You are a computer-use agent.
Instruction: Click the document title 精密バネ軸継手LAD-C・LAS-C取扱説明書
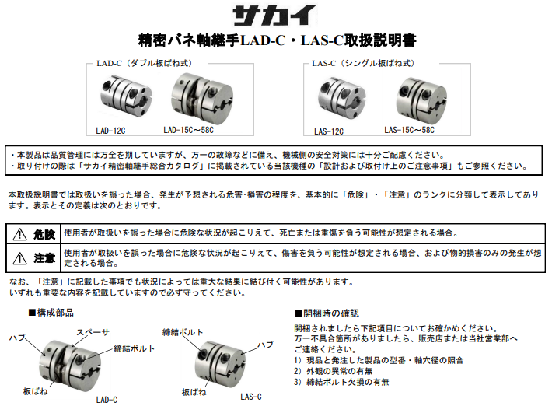275,40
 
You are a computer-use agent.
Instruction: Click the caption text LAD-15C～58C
194,131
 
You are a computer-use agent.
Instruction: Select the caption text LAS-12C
329,132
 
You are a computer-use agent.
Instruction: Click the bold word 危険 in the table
44,234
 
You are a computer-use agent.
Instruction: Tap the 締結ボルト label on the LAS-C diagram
183,332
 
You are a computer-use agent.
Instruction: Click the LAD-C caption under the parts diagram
107,399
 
